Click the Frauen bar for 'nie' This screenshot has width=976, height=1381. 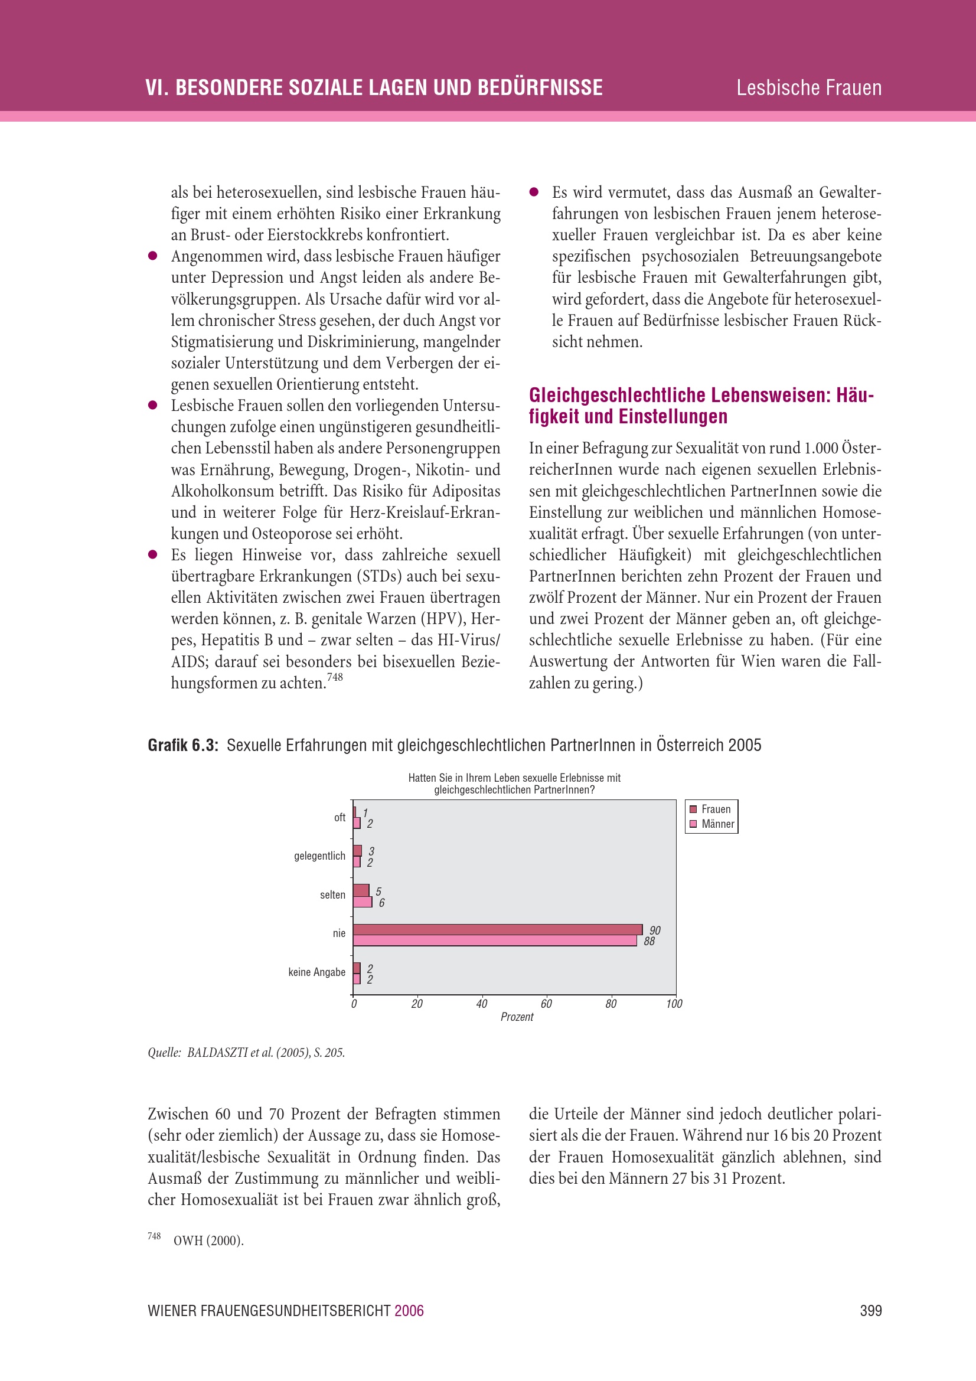(497, 929)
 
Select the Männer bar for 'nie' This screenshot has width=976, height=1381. (494, 941)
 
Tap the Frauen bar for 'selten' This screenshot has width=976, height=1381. (361, 890)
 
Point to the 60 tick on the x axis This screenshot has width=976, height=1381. (546, 1003)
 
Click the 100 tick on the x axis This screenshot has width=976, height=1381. (674, 1003)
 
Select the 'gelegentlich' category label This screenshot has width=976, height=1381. (319, 856)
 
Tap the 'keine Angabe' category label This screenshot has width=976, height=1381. (316, 972)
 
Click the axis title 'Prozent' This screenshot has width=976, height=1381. (517, 1017)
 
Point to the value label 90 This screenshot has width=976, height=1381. (655, 931)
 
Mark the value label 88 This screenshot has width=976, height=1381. (649, 941)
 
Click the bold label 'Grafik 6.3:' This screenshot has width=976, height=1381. (183, 745)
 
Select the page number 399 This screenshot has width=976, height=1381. (870, 1311)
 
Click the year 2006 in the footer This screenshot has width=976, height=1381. (409, 1311)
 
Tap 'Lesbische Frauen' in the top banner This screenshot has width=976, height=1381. (809, 88)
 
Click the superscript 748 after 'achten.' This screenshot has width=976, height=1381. (334, 677)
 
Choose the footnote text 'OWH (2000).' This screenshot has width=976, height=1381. (208, 1240)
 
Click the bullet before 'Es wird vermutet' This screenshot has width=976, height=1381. (533, 192)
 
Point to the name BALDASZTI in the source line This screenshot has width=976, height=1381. (213, 1053)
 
